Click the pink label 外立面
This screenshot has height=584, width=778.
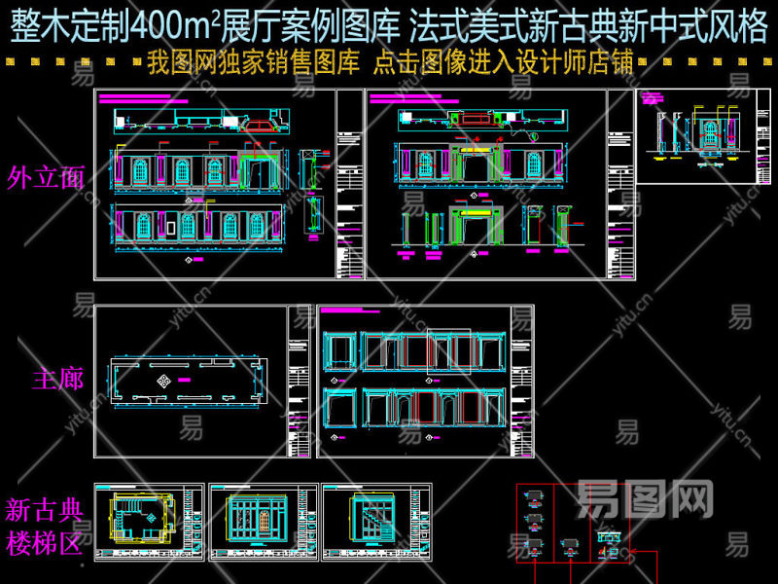45,177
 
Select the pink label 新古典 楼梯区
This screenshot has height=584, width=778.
45,527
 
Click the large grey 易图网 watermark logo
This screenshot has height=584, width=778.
646,499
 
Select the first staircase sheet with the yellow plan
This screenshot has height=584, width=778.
149,523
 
